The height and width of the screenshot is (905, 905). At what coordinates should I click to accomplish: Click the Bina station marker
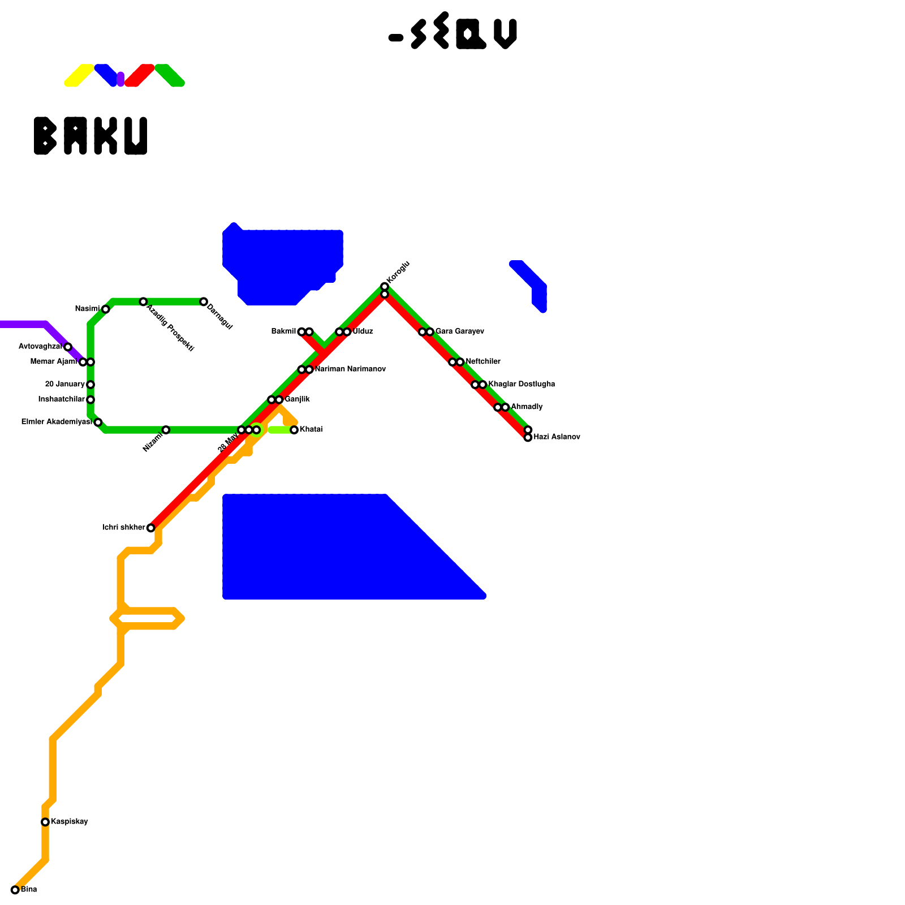(15, 890)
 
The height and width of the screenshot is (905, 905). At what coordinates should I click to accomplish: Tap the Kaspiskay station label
(69, 822)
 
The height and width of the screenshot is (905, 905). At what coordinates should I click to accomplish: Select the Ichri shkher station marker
(150, 528)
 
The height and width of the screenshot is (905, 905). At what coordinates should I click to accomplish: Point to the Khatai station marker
(294, 430)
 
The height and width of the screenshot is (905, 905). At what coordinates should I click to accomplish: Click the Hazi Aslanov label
(557, 437)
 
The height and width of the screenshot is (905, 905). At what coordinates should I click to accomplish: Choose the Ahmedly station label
(527, 407)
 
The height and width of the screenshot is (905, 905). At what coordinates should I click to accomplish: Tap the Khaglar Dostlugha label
(522, 385)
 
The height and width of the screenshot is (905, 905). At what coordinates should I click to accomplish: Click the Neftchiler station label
(483, 362)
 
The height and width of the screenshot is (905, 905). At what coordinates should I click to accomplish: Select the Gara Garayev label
(459, 331)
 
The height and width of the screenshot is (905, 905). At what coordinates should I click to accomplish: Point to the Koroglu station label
(398, 273)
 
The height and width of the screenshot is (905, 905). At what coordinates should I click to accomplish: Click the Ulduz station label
(363, 331)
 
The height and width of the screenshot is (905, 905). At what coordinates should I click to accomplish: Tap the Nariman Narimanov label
(350, 369)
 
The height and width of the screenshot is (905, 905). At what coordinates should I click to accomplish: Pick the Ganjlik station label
(297, 400)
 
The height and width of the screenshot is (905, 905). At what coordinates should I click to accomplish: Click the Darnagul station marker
(204, 302)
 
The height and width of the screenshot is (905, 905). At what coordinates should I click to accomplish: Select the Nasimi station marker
(106, 309)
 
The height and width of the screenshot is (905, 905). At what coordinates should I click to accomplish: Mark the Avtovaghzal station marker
(68, 347)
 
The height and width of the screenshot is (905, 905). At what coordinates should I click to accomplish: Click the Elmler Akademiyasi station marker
(98, 423)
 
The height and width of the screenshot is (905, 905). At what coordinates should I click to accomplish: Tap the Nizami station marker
(166, 430)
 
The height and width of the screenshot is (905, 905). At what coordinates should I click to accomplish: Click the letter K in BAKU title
(105, 136)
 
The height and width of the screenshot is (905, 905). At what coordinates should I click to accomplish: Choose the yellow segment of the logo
(79, 76)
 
